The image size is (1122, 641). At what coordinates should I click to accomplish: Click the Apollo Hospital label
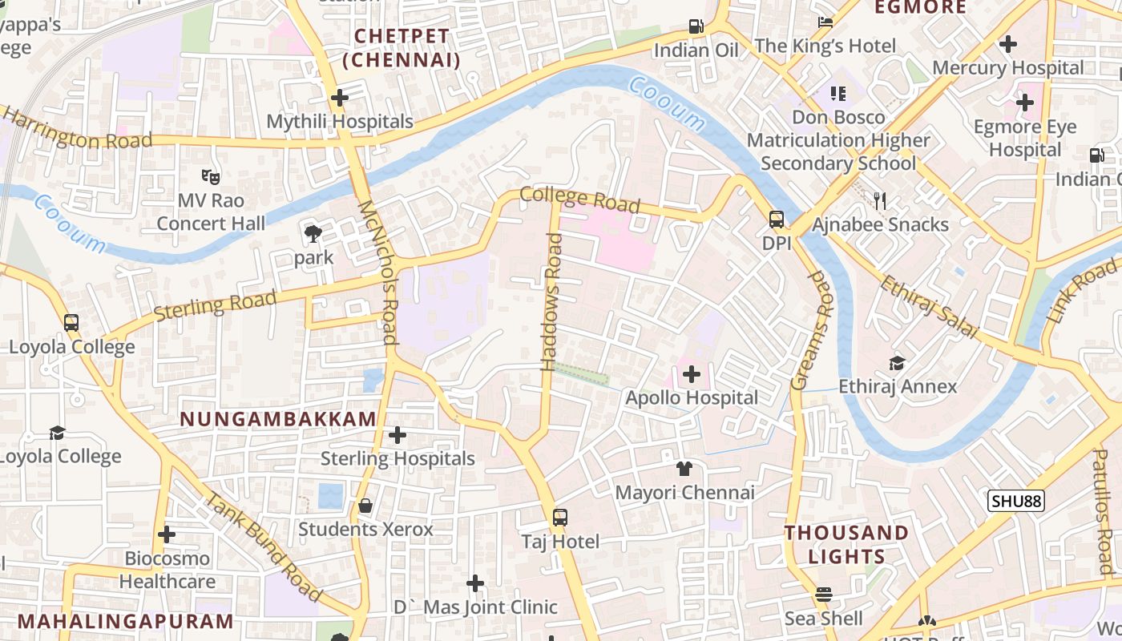[692, 397]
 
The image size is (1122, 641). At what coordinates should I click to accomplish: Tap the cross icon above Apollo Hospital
[692, 374]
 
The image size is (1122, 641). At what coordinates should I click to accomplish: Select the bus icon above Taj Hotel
[560, 518]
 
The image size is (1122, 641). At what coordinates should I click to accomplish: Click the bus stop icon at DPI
[776, 220]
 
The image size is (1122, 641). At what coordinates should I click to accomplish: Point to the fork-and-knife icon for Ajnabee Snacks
[881, 201]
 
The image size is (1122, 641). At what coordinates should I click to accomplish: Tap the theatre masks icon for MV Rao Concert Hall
[211, 175]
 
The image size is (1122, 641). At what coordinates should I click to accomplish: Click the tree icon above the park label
[313, 235]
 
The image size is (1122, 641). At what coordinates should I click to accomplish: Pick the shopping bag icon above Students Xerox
[365, 506]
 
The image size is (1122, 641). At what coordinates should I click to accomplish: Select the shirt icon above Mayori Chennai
[684, 469]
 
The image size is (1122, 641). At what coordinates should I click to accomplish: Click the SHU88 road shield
[1015, 502]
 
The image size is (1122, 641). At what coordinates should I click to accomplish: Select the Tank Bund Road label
[264, 547]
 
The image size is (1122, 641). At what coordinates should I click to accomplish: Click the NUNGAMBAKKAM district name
[278, 419]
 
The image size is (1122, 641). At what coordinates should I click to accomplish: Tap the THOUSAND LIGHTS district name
[846, 544]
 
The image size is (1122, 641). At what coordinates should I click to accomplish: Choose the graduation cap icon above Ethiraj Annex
[897, 363]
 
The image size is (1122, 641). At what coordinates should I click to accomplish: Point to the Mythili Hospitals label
[340, 122]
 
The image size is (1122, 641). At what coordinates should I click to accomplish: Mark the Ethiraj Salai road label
[928, 307]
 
